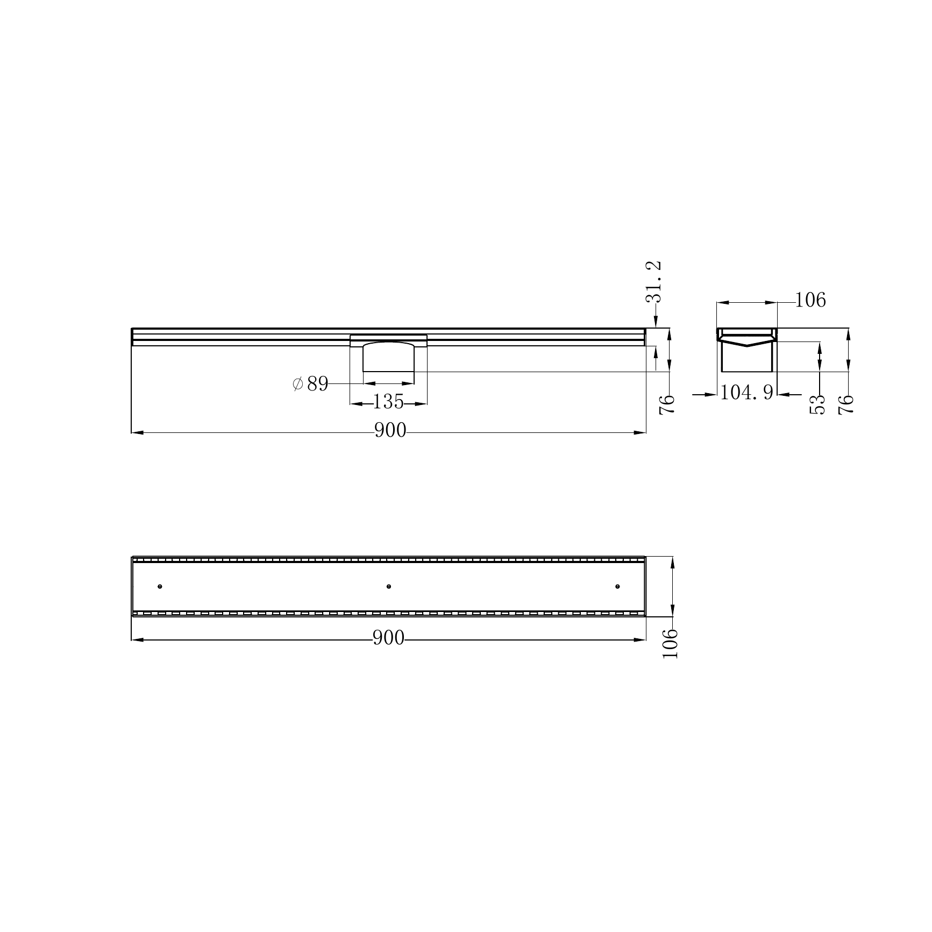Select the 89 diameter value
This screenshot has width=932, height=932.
coord(317,384)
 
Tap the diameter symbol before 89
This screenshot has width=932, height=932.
coord(298,384)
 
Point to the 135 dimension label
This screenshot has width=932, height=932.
coord(388,401)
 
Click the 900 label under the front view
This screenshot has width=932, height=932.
coord(390,431)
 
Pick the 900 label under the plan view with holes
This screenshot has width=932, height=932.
coord(388,638)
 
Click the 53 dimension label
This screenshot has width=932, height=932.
coord(817,404)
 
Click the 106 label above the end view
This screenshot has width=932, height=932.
coord(810,300)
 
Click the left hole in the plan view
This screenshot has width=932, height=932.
coord(160,586)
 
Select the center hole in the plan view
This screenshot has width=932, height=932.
coord(389,586)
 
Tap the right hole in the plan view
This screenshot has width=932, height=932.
coord(617,586)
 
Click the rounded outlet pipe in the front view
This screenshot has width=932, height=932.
coord(388,358)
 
